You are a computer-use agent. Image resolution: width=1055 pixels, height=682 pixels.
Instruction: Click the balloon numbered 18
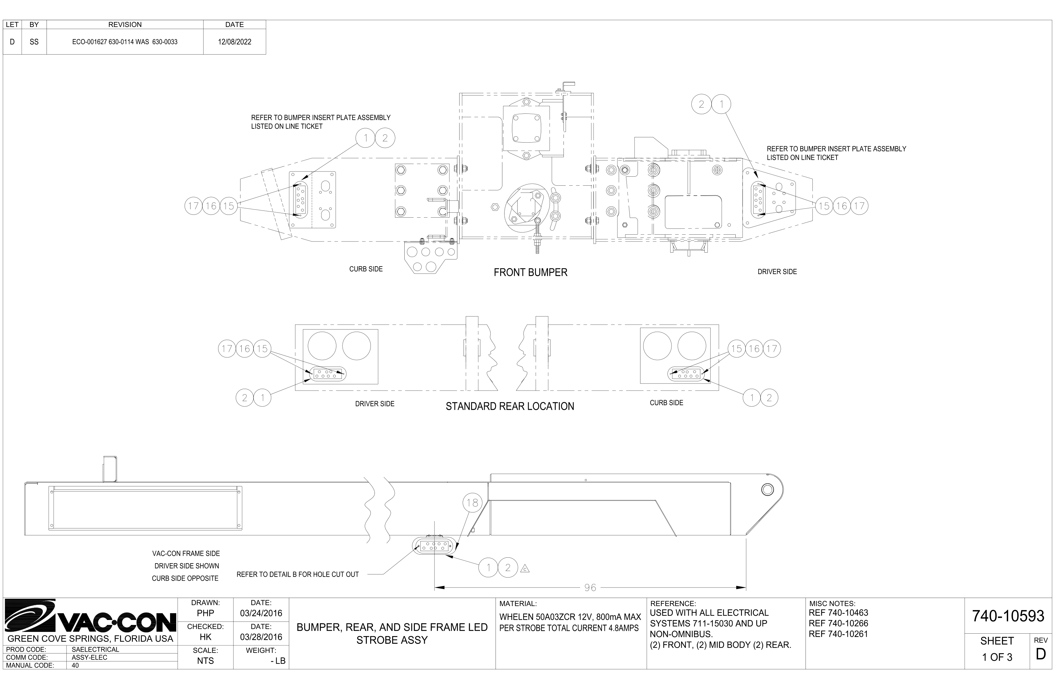pos(472,503)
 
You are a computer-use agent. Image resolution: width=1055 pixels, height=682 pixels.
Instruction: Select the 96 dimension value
pos(590,588)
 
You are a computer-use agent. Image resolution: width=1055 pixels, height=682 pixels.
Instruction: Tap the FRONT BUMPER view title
pos(530,272)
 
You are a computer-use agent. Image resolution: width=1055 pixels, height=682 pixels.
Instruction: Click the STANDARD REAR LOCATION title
pos(510,406)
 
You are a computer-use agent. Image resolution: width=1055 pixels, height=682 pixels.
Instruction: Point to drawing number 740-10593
pos(1008,616)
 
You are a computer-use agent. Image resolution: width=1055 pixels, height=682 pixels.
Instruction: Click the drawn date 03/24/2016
pos(261,613)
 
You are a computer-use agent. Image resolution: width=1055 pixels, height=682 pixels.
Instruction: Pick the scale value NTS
pos(205,661)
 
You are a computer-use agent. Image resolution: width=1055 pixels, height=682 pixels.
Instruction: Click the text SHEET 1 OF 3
pos(997,649)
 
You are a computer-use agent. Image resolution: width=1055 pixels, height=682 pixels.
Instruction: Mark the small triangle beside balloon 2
pos(525,569)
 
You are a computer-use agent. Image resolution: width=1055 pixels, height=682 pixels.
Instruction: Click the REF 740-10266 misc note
pos(838,623)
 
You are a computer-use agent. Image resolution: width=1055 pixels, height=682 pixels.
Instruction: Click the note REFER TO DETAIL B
pos(298,574)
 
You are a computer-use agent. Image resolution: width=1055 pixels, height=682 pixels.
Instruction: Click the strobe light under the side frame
pos(434,546)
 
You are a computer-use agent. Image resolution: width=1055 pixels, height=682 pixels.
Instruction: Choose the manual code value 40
pos(75,665)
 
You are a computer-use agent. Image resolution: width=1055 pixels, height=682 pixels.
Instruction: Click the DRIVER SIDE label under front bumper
pos(777,272)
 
